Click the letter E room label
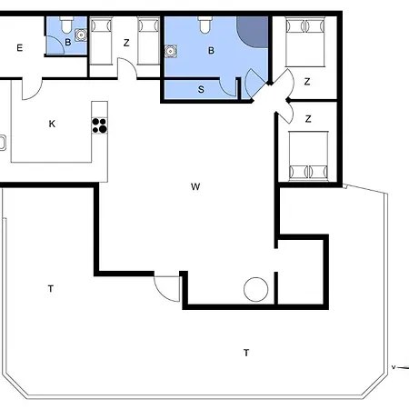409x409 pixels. (x=20, y=48)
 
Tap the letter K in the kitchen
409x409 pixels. (x=52, y=124)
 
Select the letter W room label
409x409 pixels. (x=195, y=186)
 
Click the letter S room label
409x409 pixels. (x=201, y=89)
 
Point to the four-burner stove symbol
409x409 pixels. (x=100, y=125)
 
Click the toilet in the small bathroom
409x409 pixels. (x=66, y=25)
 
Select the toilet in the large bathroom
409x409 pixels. (x=205, y=25)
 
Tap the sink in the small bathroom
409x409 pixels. (x=81, y=35)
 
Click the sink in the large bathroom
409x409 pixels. (x=171, y=51)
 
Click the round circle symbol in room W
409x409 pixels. (x=256, y=289)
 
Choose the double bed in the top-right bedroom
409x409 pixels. (x=305, y=43)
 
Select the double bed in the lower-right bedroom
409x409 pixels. (x=308, y=156)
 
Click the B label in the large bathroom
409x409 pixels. (x=211, y=51)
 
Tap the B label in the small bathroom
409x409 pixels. (x=68, y=42)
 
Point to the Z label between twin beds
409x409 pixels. (x=126, y=43)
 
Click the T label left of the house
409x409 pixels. (x=51, y=289)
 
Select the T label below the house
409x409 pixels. (x=246, y=353)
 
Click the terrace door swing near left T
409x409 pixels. (x=165, y=290)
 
